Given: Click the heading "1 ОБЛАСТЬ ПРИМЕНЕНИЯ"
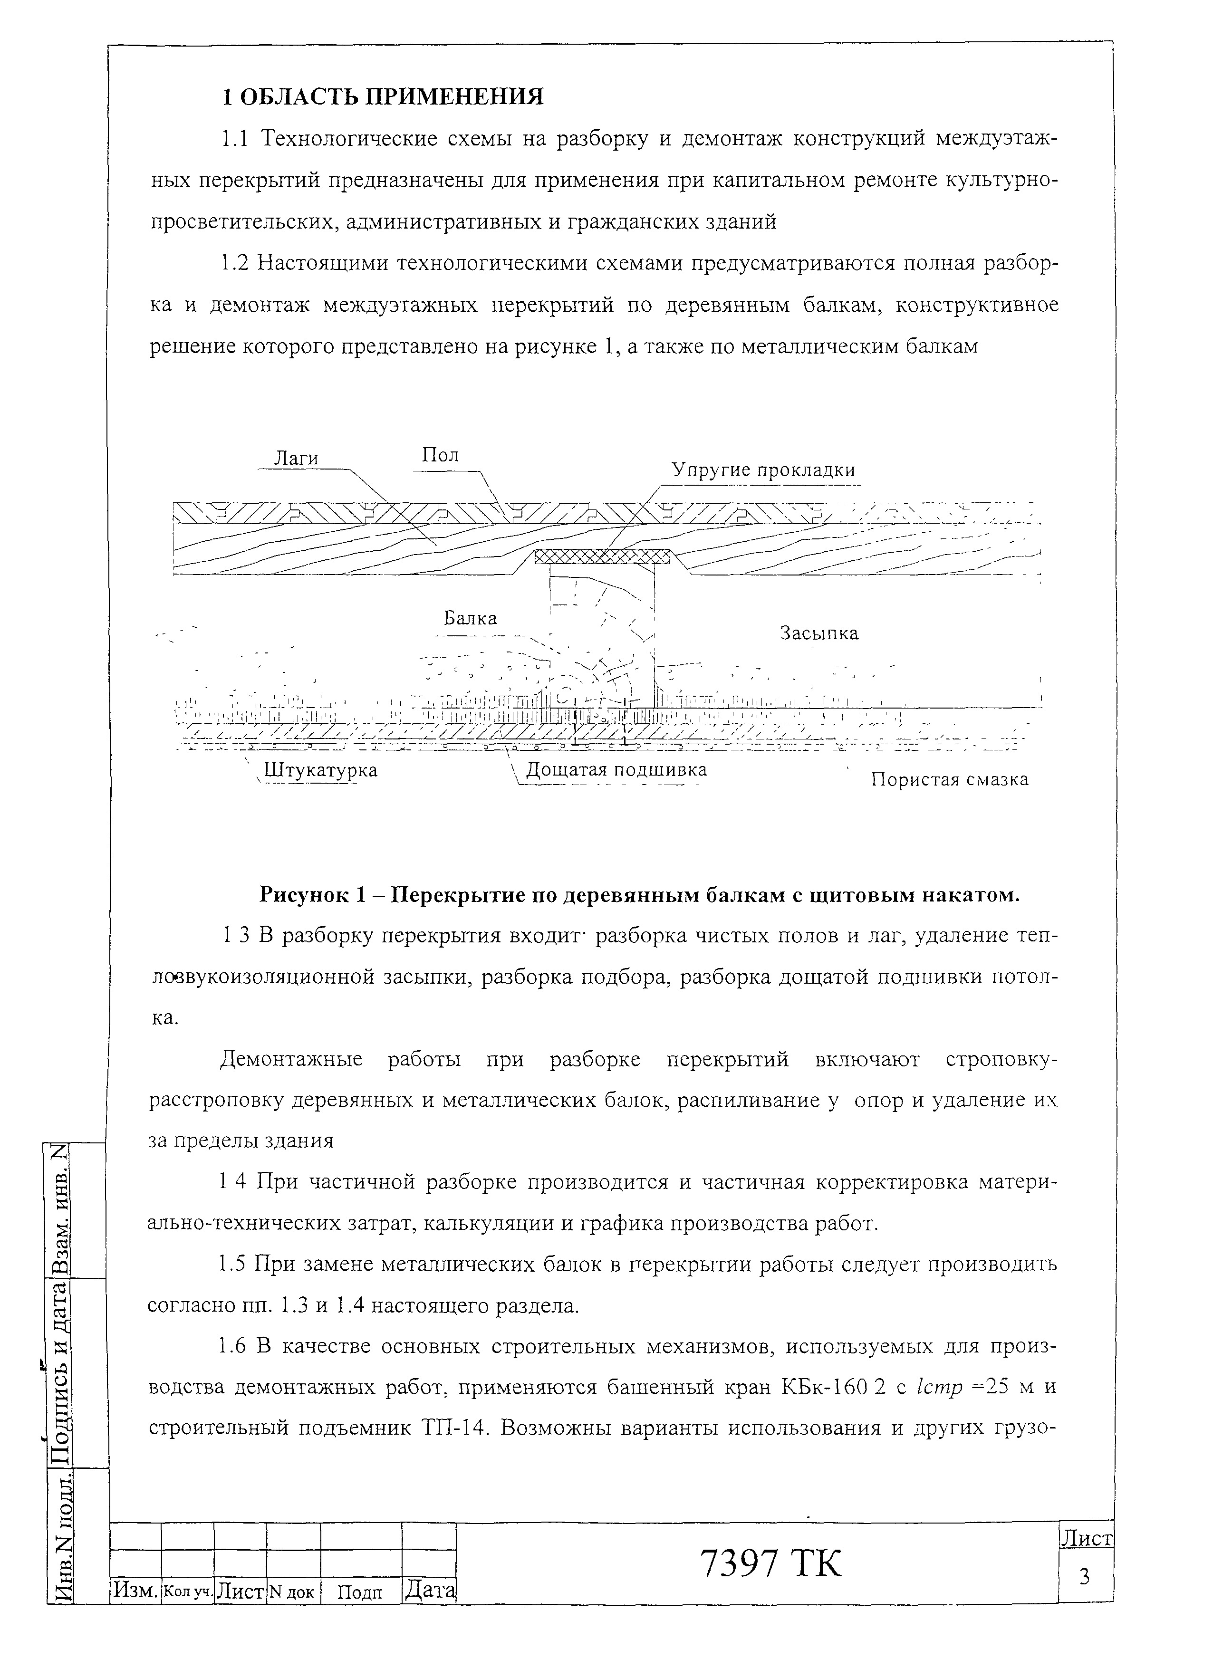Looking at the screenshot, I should (x=383, y=97).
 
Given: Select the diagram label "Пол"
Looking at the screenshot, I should (x=440, y=455).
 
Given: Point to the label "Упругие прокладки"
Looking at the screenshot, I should (x=763, y=470).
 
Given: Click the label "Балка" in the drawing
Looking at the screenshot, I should (x=470, y=619).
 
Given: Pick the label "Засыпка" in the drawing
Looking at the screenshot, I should (x=818, y=633).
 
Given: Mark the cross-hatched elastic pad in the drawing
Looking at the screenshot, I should (x=602, y=557).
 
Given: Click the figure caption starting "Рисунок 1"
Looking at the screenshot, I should (x=639, y=895).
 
